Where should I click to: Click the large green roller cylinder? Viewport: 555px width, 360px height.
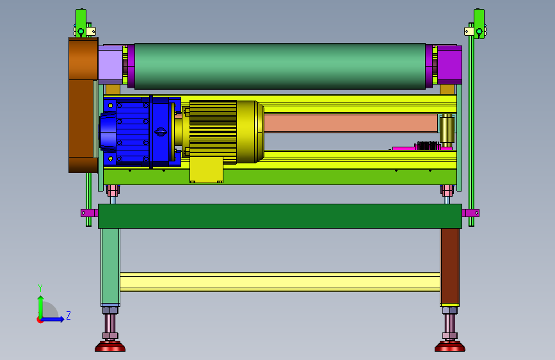tap(280, 66)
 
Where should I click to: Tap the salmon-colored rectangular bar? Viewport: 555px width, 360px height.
tap(351, 124)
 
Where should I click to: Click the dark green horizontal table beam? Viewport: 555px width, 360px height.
tap(280, 216)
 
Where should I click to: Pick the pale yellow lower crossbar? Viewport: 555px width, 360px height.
tap(280, 282)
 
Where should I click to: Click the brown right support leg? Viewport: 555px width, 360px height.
tap(449, 266)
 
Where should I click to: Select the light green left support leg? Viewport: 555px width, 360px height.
tap(111, 266)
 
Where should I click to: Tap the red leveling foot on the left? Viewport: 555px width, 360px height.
tap(110, 346)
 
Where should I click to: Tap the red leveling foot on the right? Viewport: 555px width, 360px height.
tap(450, 346)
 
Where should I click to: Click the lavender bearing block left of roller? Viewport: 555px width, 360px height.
tap(111, 65)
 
